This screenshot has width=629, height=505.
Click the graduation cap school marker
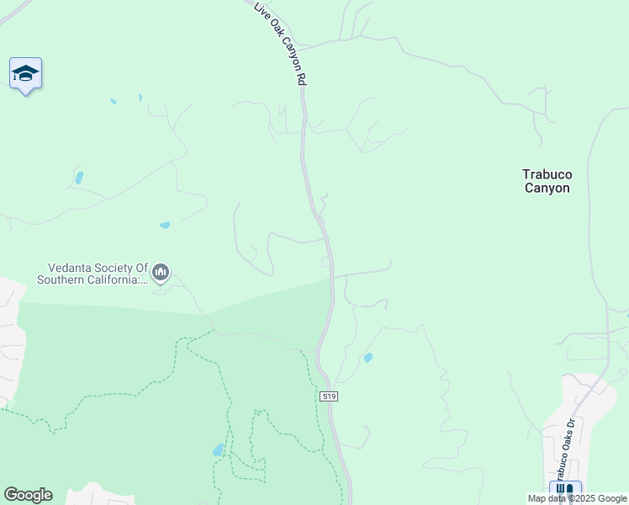pyautogui.click(x=25, y=74)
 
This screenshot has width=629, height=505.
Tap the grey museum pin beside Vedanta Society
pyautogui.click(x=161, y=272)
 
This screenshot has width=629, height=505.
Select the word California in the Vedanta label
pyautogui.click(x=119, y=279)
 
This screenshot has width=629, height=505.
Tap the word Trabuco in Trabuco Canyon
pyautogui.click(x=547, y=174)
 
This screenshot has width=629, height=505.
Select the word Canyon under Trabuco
pyautogui.click(x=547, y=188)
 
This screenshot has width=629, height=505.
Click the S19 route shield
pyautogui.click(x=329, y=396)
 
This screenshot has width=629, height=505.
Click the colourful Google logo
pyautogui.click(x=28, y=495)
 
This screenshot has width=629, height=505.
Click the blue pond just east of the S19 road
pyautogui.click(x=368, y=358)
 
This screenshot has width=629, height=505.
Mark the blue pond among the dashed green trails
pyautogui.click(x=219, y=450)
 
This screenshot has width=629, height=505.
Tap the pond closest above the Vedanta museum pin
pyautogui.click(x=165, y=225)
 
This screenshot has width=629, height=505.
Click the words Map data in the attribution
pyautogui.click(x=548, y=498)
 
